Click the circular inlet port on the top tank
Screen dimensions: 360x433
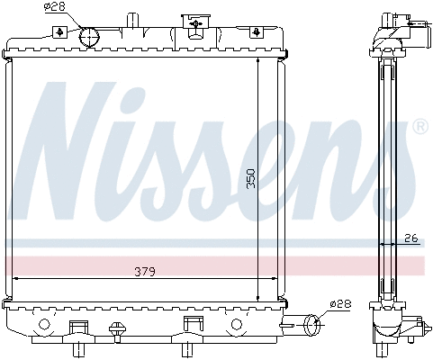click(x=89, y=36)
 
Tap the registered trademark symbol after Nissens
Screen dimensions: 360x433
click(x=419, y=128)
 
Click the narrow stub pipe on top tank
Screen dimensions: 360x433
click(x=132, y=21)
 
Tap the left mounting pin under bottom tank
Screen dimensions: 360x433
click(x=78, y=346)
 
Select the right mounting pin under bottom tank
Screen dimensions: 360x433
click(x=190, y=346)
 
